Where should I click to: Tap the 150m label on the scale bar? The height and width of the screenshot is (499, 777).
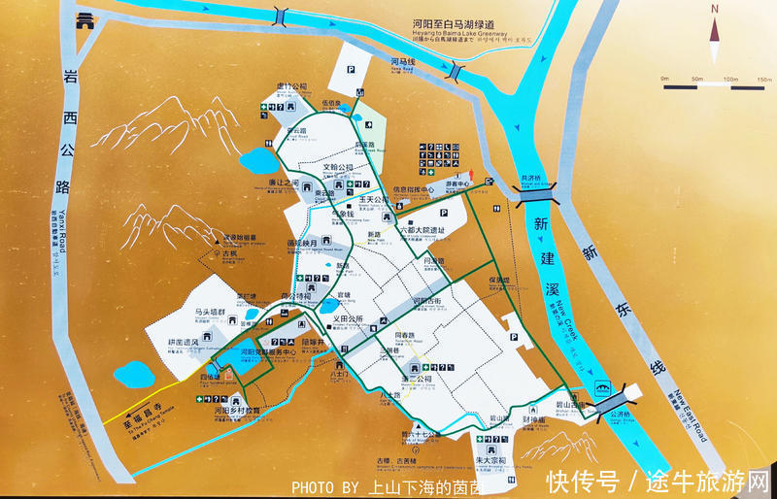(764, 79)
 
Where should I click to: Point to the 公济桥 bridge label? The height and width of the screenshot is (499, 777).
(620, 415)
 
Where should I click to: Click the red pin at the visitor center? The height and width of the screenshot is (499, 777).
(472, 176)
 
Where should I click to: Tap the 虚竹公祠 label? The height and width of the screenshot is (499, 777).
(290, 85)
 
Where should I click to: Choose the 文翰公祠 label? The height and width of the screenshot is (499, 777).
(339, 167)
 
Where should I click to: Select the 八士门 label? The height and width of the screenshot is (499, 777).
(339, 372)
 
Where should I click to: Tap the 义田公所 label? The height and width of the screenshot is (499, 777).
(347, 317)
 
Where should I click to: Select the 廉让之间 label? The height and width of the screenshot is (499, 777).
(281, 183)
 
